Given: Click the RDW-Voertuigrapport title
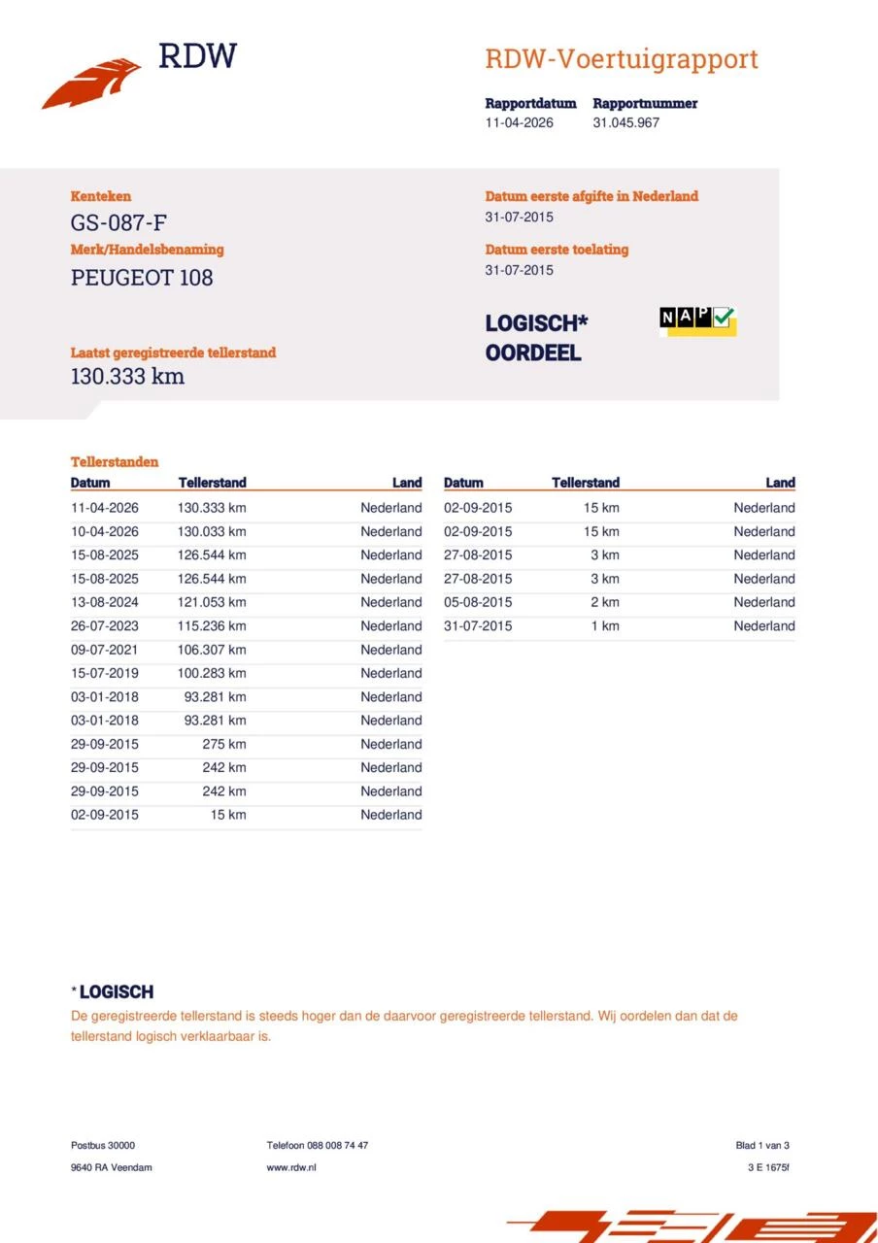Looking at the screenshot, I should point(621,59).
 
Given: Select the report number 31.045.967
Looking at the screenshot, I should point(625,123).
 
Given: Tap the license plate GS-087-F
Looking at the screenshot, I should point(112,222).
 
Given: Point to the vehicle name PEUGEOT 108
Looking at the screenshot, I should point(142,278).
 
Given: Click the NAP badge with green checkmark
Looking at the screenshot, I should point(697,319).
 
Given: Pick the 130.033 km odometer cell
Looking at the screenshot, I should point(212,532).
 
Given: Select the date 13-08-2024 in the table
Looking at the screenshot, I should point(105,603).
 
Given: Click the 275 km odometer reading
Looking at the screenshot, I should point(224,745).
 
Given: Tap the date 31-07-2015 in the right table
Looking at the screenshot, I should point(478,626).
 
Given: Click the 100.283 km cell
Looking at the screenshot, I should point(212,674).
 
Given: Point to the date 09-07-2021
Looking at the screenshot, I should point(105,651).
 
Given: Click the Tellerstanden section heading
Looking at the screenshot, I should point(115,462).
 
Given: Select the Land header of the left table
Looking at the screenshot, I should point(407,483).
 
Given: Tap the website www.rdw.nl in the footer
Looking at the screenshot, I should point(291,1167).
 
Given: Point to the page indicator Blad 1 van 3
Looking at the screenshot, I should point(762,1146).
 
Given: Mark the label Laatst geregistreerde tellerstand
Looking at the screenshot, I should point(173,353).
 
